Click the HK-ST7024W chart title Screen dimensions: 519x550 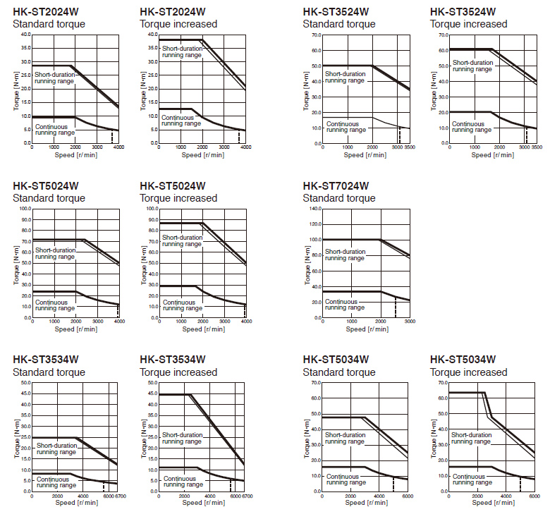(336, 186)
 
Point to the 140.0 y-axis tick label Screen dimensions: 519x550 (312, 209)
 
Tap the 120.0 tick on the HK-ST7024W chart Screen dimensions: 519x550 (312, 224)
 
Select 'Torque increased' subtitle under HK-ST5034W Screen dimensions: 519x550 (468, 372)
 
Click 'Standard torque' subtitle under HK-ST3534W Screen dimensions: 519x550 (49, 372)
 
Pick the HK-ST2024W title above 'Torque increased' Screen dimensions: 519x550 (173, 11)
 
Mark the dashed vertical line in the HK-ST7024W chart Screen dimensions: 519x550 (396, 307)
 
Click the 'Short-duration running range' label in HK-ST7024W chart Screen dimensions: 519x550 (345, 255)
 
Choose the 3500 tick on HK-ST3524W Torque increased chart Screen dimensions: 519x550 (536, 148)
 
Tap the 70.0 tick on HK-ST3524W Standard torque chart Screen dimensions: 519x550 (313, 34)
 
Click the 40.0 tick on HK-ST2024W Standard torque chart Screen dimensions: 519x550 (25, 34)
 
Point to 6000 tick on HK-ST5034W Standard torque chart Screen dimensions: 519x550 (408, 497)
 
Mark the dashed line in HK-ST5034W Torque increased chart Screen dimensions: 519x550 (520, 484)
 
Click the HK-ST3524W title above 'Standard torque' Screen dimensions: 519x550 (336, 11)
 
